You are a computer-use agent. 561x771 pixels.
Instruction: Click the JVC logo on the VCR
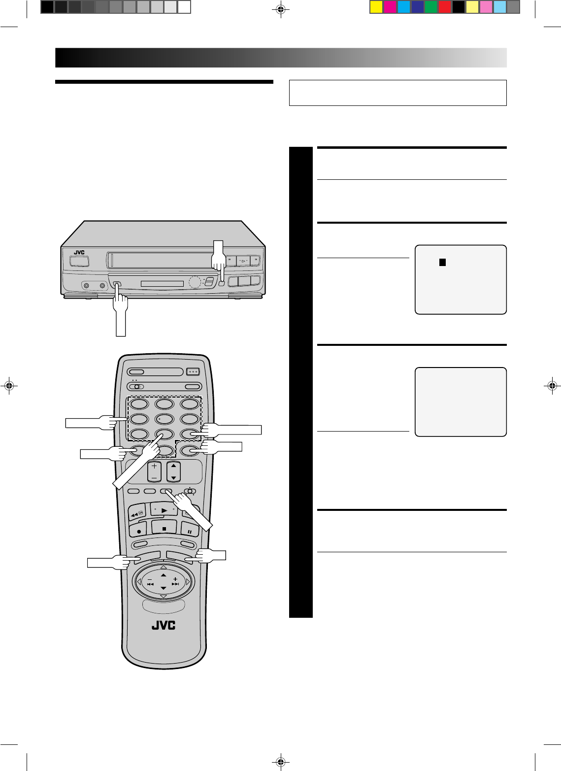(x=79, y=253)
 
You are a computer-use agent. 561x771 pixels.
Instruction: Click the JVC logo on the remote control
(x=163, y=625)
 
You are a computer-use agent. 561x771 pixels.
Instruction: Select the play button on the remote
(x=164, y=509)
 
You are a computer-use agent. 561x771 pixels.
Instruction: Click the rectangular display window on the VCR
(x=162, y=284)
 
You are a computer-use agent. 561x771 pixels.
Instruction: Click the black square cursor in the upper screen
(x=442, y=262)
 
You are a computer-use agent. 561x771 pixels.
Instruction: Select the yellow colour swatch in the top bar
(x=376, y=7)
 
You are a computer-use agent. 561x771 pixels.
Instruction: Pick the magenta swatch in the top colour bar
(x=390, y=7)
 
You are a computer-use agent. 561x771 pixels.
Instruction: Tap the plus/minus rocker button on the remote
(x=155, y=471)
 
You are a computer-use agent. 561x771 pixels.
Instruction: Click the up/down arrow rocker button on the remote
(x=173, y=471)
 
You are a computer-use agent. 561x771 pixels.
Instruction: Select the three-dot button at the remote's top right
(x=193, y=372)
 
